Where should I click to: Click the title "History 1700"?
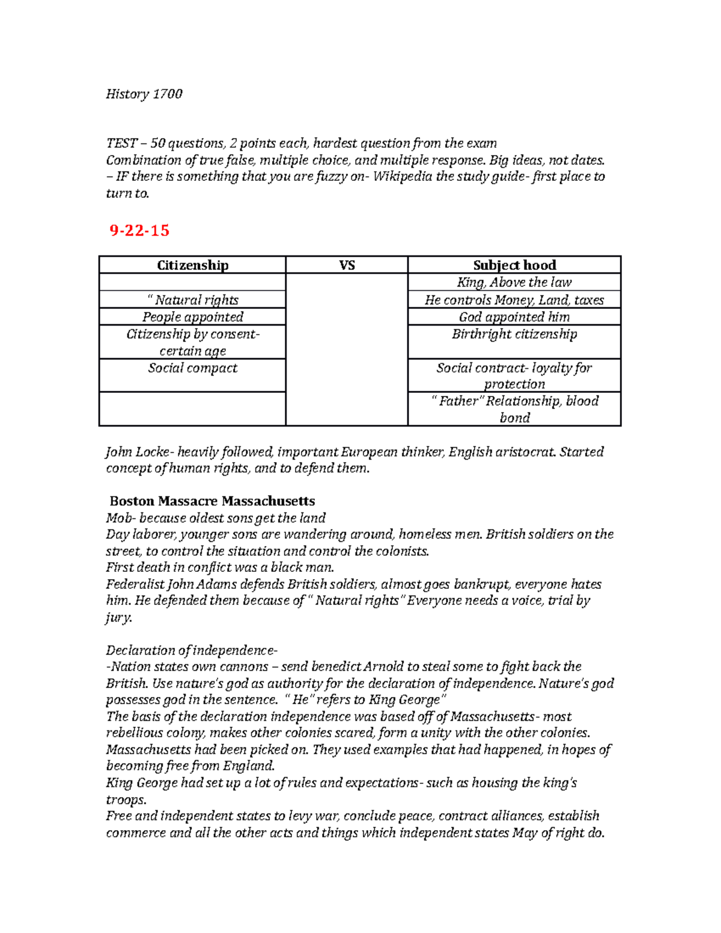[144, 94]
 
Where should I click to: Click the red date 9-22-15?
[139, 231]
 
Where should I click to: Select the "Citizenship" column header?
[192, 265]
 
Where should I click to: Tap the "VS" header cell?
[347, 265]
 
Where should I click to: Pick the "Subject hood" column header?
[514, 265]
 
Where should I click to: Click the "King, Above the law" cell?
[514, 282]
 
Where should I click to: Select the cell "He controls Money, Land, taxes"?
[514, 300]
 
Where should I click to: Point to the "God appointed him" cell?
[514, 317]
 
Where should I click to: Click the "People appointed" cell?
[192, 317]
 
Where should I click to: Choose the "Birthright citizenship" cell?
[514, 334]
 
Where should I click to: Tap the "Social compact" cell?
[192, 368]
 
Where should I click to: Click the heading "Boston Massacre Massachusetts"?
[212, 501]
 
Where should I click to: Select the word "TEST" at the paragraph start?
[122, 143]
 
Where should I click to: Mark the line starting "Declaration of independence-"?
[192, 650]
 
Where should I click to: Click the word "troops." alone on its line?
[126, 800]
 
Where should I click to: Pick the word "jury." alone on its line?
[119, 618]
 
